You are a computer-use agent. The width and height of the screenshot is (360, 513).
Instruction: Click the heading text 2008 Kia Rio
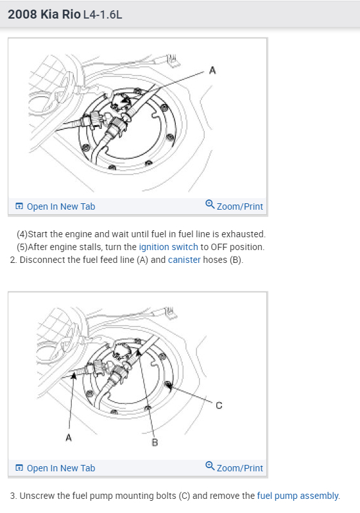[x=44, y=14]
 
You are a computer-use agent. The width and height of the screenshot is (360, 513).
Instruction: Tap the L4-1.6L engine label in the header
[x=103, y=15]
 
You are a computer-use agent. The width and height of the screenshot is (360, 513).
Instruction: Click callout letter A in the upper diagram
[x=212, y=71]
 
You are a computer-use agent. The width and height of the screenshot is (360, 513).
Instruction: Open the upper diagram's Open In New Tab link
[x=61, y=206]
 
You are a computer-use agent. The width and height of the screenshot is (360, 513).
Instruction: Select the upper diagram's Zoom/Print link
[x=240, y=206]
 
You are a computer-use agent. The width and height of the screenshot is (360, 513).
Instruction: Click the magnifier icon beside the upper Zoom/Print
[x=210, y=205]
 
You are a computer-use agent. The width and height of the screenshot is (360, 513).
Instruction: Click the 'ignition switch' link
[x=169, y=247]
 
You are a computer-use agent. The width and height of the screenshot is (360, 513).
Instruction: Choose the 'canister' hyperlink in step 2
[x=184, y=260]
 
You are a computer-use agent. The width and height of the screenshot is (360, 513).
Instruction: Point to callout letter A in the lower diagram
[x=69, y=437]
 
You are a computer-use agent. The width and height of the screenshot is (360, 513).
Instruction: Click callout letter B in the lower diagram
[x=155, y=442]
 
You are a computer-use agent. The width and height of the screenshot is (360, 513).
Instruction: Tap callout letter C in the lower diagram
[x=219, y=405]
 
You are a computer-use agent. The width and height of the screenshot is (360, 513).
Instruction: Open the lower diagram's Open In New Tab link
[x=61, y=468]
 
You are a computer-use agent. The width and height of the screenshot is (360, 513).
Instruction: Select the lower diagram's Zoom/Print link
[x=240, y=468]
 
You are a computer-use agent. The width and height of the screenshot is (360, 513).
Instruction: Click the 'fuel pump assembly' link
[x=298, y=496]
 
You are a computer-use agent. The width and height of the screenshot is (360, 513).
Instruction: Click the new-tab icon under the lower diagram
[x=19, y=468]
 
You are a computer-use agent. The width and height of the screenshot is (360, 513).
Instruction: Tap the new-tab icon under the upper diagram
[x=19, y=206]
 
